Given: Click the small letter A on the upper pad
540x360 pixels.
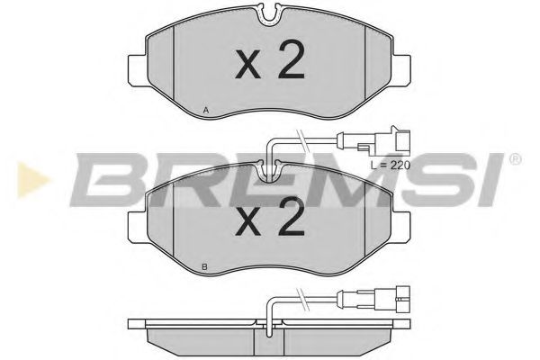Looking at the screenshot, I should pos(206,110).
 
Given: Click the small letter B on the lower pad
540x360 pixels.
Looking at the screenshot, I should pos(206,267).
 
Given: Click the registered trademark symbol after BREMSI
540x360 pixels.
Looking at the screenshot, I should pos(514,159).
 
